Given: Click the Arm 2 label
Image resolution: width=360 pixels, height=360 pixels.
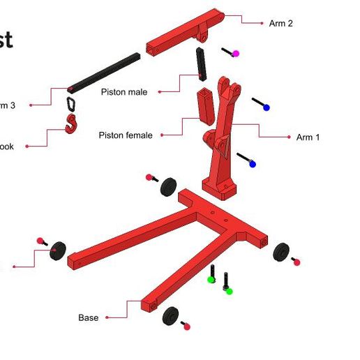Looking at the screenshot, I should tap(280, 24).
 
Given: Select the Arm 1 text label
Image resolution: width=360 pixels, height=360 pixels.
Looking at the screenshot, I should tap(308, 137).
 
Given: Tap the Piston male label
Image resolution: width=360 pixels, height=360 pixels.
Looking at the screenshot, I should tap(123, 92).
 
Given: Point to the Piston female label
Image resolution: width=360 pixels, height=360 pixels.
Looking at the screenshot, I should tap(125, 135).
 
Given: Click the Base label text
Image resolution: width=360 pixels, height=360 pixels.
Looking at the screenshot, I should tap(88, 318).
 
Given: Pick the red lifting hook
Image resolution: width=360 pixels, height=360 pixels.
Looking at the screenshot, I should tap(71, 124).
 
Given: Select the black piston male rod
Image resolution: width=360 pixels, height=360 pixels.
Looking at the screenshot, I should tap(202, 63).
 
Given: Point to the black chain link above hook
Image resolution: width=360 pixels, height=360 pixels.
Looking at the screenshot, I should tap(71, 104).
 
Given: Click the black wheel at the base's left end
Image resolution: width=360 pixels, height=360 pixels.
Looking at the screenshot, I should tap(58, 250).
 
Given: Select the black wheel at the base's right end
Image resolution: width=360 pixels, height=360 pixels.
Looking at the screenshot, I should tap(282, 252).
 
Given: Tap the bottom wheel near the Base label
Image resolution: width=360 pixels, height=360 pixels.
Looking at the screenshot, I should tap(171, 316).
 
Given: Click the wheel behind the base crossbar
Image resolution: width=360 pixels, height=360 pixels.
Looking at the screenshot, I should tap(169, 187).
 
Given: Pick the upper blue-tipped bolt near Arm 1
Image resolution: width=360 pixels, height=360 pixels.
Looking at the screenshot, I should tap(260, 105).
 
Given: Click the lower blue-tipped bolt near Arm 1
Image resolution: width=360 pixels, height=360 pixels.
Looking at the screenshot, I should tap(246, 160).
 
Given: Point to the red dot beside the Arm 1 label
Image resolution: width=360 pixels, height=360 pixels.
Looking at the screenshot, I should tap(289, 137).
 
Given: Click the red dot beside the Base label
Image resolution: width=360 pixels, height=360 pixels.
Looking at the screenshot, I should tap(107, 318).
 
